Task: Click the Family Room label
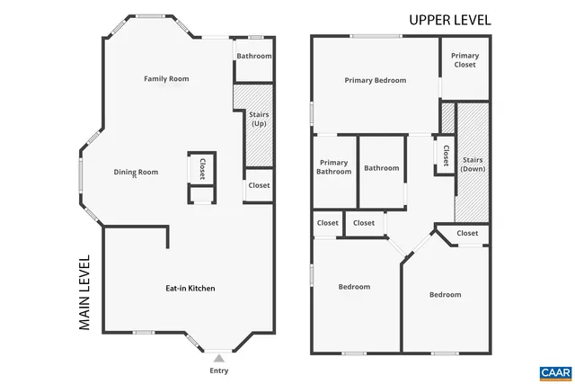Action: [x=166, y=79]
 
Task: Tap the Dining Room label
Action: [x=136, y=172]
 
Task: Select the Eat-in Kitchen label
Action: [x=190, y=289]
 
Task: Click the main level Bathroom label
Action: [x=254, y=56]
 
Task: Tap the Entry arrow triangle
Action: [x=218, y=358]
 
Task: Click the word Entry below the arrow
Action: [x=218, y=371]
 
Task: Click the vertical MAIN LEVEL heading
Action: [x=85, y=293]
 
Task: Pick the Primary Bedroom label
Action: [x=375, y=80]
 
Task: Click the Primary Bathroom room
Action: [x=333, y=167]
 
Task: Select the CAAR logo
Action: [x=550, y=371]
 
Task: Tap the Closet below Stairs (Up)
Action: [x=259, y=185]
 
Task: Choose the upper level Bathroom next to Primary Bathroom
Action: [x=381, y=168]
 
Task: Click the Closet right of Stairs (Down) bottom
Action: [x=467, y=233]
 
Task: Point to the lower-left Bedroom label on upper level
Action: [x=354, y=287]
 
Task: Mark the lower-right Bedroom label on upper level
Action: [x=445, y=295]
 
